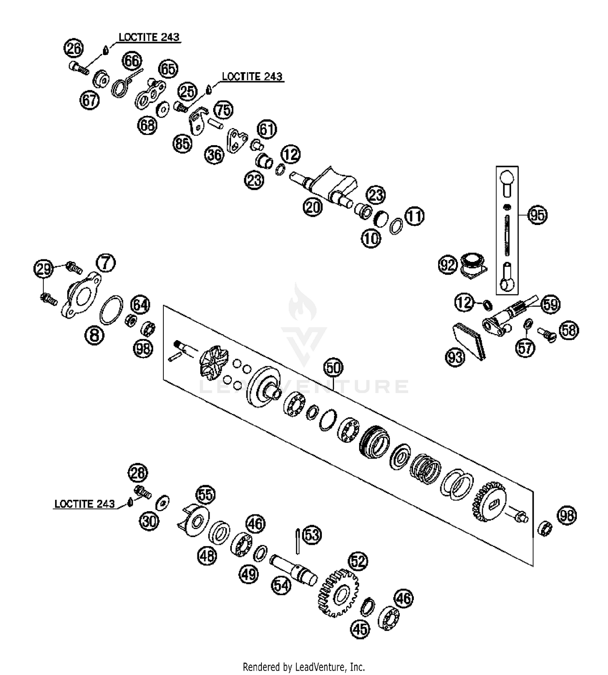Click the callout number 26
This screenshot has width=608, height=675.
tap(73, 49)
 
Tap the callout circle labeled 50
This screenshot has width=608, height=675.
tap(333, 368)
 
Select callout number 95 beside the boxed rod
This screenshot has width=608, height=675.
tap(537, 215)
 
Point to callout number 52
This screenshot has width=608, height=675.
tap(358, 561)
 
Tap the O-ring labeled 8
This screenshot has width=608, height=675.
tap(111, 310)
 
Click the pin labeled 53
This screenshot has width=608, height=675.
tap(298, 540)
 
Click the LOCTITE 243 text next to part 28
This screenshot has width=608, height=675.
tap(85, 504)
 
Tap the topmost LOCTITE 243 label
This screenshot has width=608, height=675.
tap(149, 37)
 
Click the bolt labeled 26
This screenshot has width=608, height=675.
tap(79, 68)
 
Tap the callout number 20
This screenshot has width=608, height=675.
tap(312, 207)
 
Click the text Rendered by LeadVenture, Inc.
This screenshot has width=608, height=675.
tap(304, 667)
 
